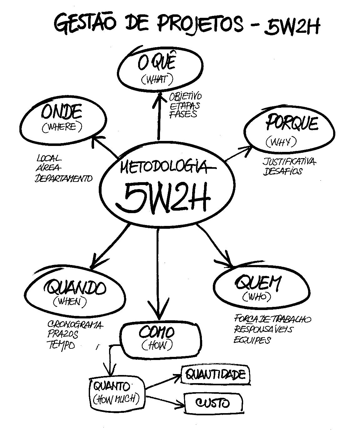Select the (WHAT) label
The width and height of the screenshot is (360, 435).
point(157,80)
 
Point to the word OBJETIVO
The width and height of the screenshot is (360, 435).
point(186,97)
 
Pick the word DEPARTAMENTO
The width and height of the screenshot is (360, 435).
point(64,178)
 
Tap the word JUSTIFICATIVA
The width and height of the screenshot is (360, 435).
point(289,162)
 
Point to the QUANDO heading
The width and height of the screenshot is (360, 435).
point(76,287)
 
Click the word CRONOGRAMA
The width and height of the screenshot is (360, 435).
point(75,325)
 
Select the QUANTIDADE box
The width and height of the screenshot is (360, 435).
point(216,374)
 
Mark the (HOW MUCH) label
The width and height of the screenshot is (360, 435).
point(116,399)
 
